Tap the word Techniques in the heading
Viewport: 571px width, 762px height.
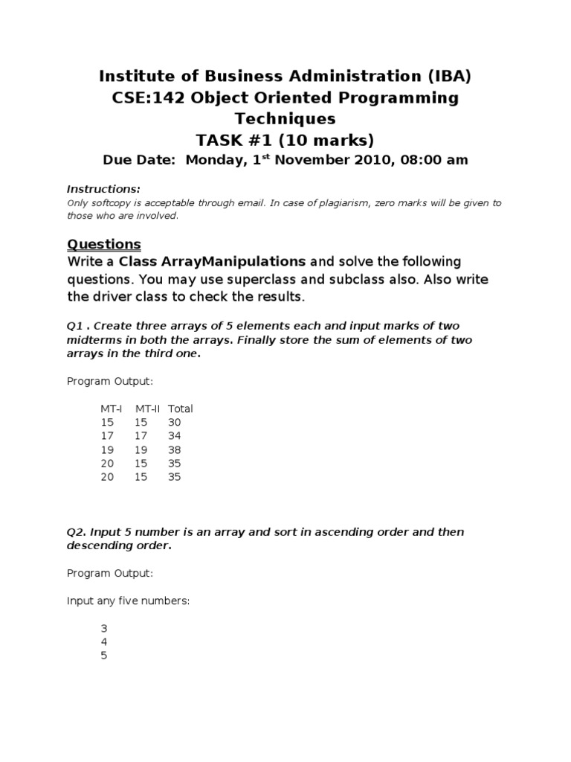pyautogui.click(x=285, y=118)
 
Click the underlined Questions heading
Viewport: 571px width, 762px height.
pyautogui.click(x=104, y=244)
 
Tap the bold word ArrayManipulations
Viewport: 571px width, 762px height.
pyautogui.click(x=213, y=262)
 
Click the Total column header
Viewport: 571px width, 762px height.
pyautogui.click(x=181, y=409)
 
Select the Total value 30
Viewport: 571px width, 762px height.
pyautogui.click(x=175, y=422)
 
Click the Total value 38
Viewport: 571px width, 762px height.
pyautogui.click(x=175, y=450)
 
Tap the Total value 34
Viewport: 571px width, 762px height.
pyautogui.click(x=175, y=436)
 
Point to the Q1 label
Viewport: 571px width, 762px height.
pyautogui.click(x=76, y=325)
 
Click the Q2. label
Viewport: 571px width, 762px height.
pyautogui.click(x=77, y=532)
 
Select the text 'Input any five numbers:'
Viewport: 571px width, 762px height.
pyautogui.click(x=129, y=601)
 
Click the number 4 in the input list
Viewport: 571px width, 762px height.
pyautogui.click(x=104, y=642)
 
